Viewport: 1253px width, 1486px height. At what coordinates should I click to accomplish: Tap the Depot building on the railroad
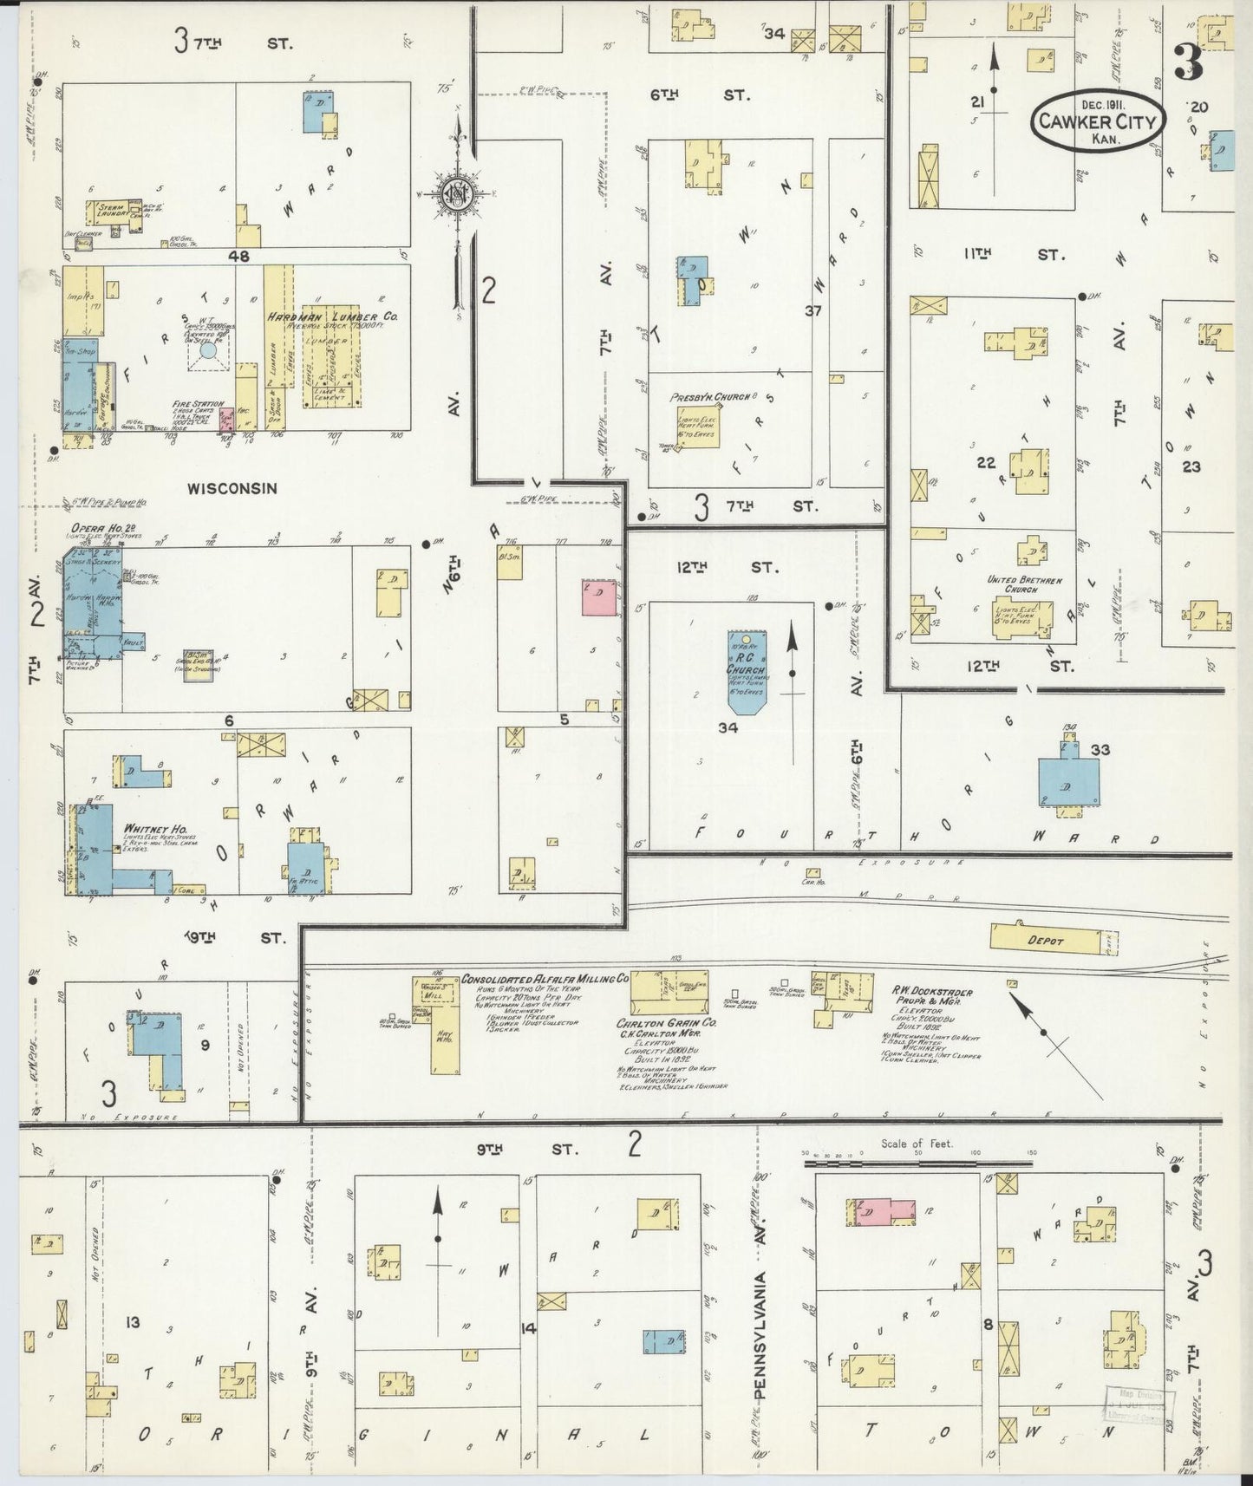(x=1044, y=938)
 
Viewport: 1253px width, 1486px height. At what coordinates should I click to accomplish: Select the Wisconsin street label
(x=232, y=489)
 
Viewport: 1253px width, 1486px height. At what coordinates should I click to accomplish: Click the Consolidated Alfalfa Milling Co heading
(x=545, y=979)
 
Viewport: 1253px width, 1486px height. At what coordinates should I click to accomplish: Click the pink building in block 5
(x=598, y=598)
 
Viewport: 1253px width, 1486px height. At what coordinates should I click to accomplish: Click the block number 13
(x=132, y=1322)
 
